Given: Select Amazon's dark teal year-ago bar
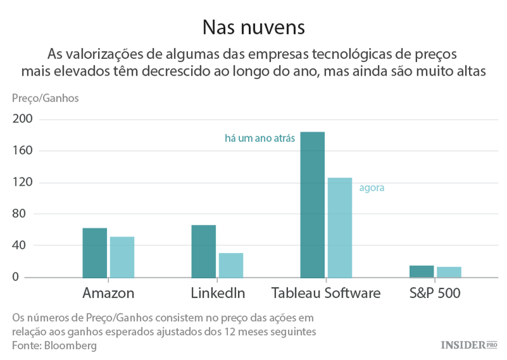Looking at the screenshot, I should point(95,253).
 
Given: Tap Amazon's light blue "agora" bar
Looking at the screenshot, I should point(122,257).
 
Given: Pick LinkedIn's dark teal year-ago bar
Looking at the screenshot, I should point(203,251).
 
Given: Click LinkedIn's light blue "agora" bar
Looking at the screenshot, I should point(231,265).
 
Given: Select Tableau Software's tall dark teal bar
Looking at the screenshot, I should point(312,205).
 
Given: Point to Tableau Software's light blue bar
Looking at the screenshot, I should point(340,228).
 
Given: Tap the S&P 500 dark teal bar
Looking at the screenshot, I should point(422,272).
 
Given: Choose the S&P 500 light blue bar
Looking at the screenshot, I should point(449,272).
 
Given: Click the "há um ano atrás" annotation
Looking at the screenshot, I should point(260,138).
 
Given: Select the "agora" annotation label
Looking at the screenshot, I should point(372,188).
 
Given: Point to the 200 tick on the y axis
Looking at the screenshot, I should point(22,120).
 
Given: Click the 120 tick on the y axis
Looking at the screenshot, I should point(22,182).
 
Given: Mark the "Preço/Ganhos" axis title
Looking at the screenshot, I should point(45,99).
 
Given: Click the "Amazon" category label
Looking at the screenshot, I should point(108,293).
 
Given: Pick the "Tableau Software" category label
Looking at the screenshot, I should point(326,293).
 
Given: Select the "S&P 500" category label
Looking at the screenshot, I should point(435,293).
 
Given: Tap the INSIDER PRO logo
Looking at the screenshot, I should point(468,344).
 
